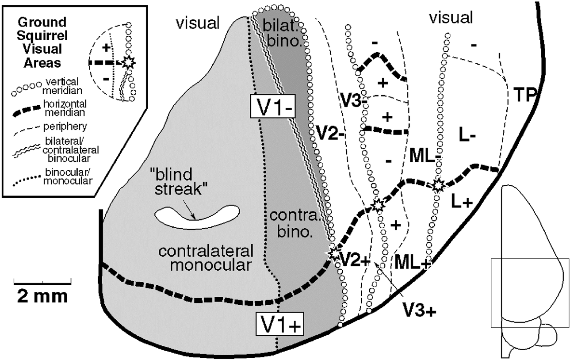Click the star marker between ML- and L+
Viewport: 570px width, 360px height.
(x=437, y=185)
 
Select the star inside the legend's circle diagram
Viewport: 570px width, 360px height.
(x=128, y=63)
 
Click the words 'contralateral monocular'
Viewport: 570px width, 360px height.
(x=206, y=258)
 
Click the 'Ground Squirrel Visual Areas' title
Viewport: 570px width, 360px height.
(x=38, y=42)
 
